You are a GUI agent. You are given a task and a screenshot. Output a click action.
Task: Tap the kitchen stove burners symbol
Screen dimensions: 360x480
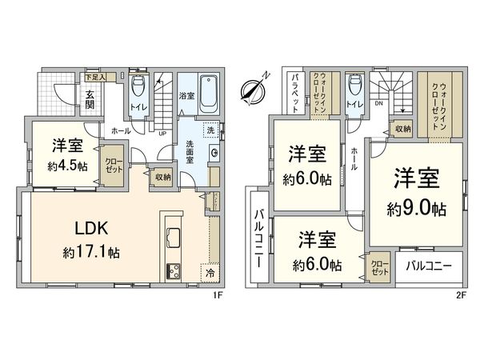click(174, 271)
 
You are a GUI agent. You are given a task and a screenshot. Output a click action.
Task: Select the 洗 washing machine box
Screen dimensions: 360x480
click(210, 130)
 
